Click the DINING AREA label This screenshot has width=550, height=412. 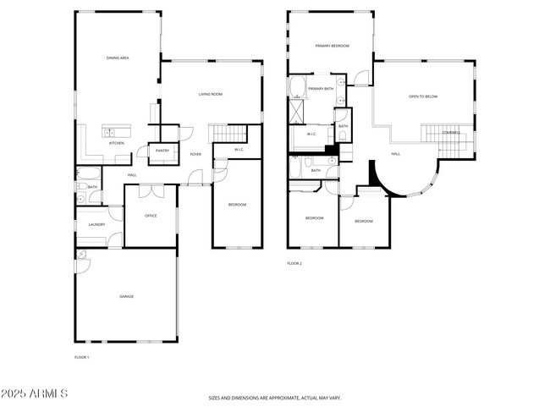click(118, 58)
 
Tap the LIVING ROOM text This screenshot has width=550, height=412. click(211, 94)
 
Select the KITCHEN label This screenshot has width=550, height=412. click(117, 143)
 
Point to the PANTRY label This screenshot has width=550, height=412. click(162, 151)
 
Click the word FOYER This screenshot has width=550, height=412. click(195, 155)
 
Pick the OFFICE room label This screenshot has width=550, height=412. click(151, 216)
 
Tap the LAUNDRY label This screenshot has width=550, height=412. click(96, 224)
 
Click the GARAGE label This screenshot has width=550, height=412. click(126, 296)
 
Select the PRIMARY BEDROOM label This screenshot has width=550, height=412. click(332, 46)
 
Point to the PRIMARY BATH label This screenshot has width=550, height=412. click(321, 89)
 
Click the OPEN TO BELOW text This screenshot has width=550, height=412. click(423, 96)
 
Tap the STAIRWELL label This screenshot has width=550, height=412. click(451, 133)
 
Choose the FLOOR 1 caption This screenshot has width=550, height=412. click(81, 358)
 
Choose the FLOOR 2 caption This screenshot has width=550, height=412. click(294, 263)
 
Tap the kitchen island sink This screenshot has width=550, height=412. click(110, 131)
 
